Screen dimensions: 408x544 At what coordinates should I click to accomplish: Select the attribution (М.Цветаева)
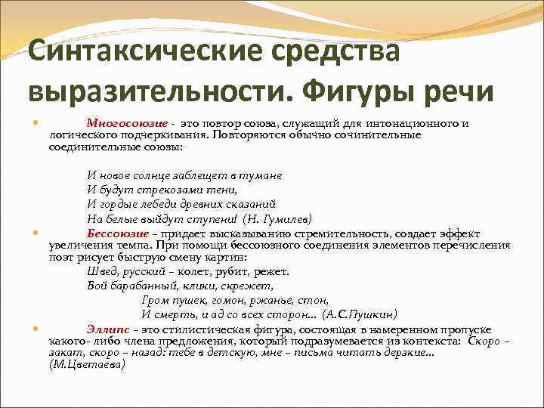(x=87, y=364)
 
